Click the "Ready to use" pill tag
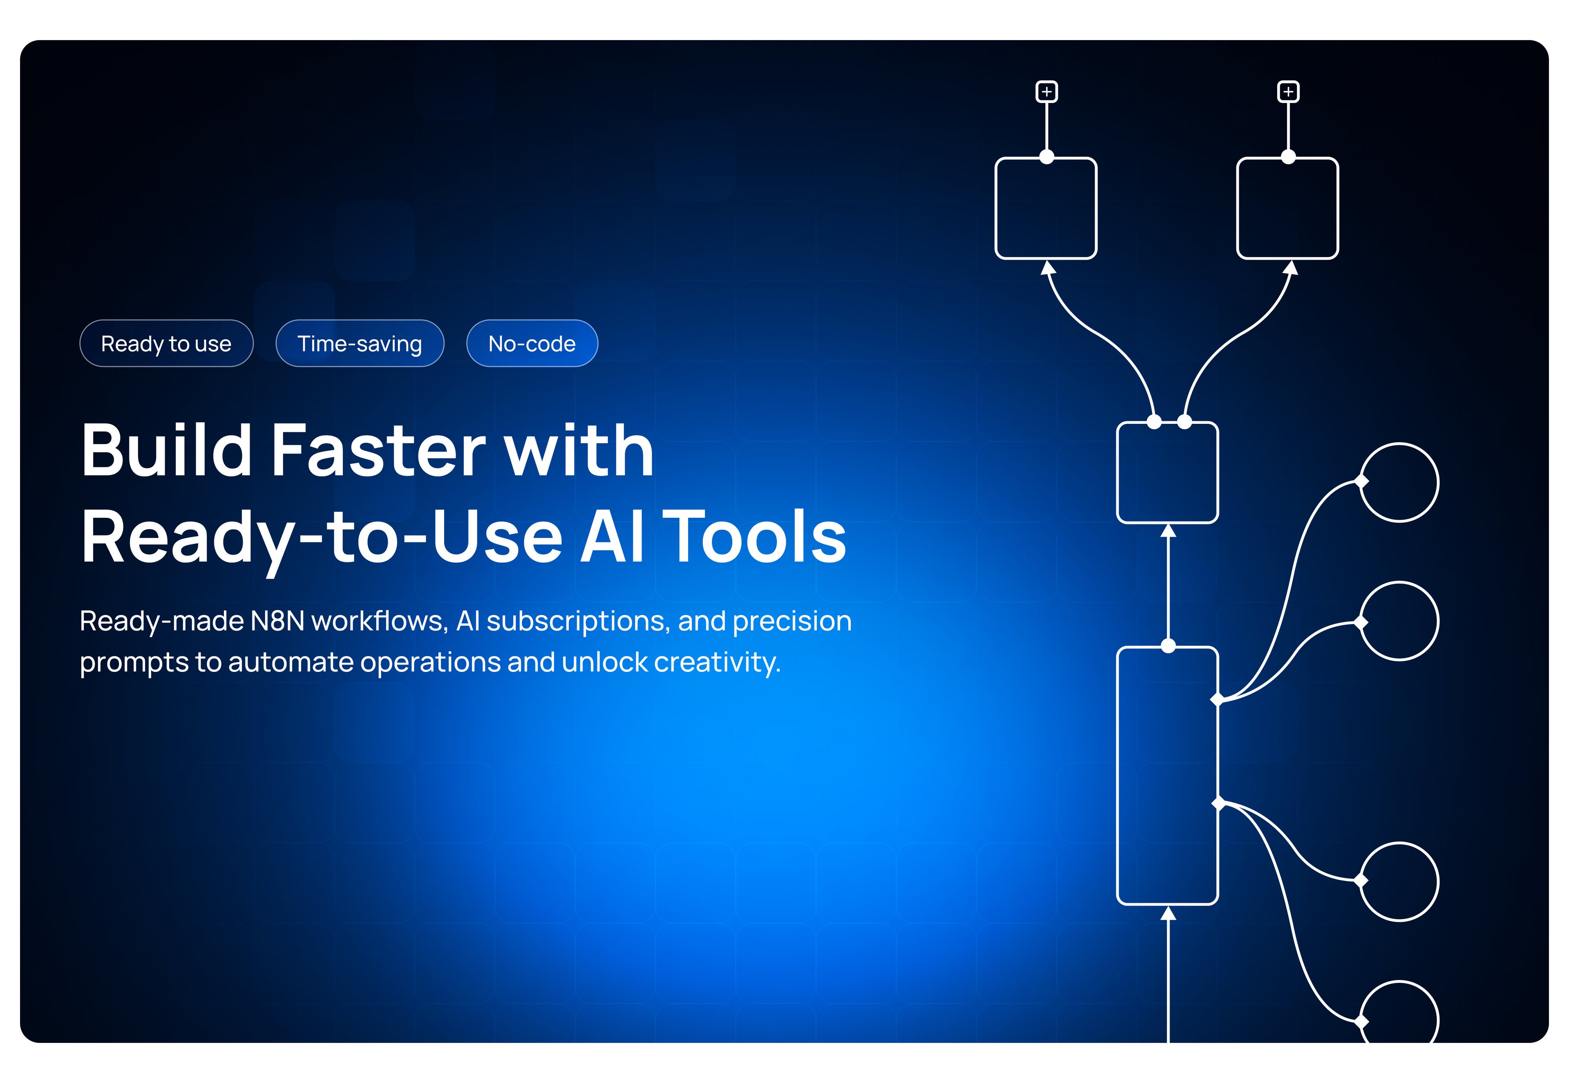(166, 343)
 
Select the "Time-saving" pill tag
(360, 343)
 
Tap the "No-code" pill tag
(532, 343)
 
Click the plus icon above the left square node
(1047, 92)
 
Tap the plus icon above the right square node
(1288, 92)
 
